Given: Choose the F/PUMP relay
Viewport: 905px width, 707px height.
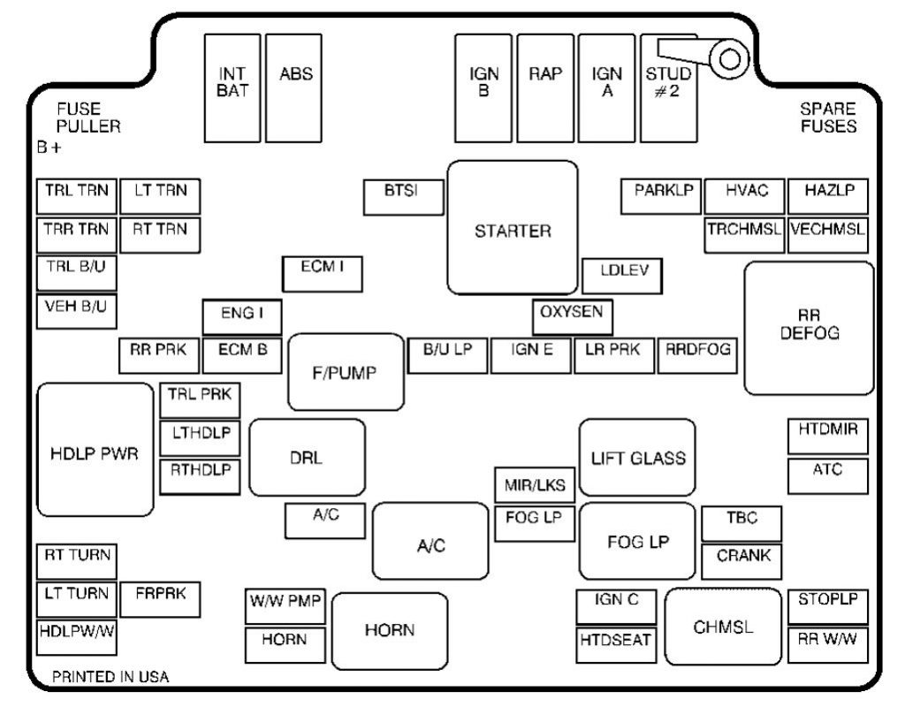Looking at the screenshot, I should click(x=346, y=371).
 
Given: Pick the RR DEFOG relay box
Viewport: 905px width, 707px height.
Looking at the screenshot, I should click(x=808, y=327).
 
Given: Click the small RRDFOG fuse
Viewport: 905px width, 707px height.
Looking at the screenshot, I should click(x=697, y=355).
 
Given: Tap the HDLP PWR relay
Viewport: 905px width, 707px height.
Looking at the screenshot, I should click(x=95, y=450).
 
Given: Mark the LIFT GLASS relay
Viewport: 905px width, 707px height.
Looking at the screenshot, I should click(x=636, y=457).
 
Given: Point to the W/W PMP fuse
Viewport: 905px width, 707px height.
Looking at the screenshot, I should click(x=284, y=607).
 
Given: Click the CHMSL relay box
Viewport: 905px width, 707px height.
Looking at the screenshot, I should click(x=723, y=627).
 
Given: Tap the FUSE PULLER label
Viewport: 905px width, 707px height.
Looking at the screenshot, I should click(x=88, y=118).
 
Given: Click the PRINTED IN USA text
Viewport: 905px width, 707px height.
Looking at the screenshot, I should click(x=110, y=677).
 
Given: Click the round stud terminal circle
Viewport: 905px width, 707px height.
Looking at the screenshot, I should click(x=730, y=58).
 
